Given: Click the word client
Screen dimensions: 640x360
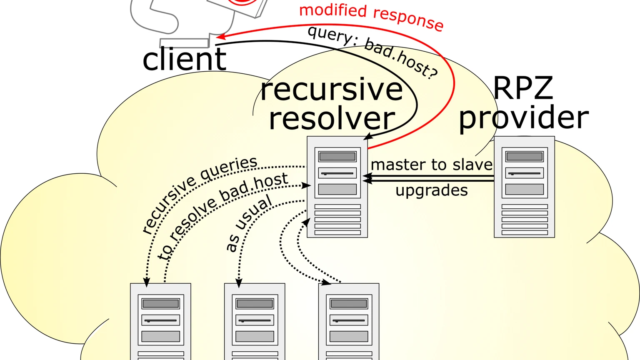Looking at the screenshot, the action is (185, 59).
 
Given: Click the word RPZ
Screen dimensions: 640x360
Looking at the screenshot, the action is (523, 88).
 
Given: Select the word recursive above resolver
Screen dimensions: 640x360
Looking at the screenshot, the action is (331, 90).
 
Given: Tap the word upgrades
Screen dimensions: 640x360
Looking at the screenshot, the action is (431, 190).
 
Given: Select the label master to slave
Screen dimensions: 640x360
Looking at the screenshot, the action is (431, 165).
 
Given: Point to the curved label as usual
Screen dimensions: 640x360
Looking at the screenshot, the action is (249, 223).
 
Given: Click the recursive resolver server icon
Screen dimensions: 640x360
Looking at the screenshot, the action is (337, 187).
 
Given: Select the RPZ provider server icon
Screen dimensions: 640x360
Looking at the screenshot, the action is (524, 187).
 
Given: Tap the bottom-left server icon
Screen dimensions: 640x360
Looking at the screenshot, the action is (160, 321).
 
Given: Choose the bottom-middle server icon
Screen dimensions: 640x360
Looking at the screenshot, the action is (255, 321).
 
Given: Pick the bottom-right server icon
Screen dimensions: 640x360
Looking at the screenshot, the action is (349, 321).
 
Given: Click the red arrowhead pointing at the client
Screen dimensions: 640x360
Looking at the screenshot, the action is (220, 36).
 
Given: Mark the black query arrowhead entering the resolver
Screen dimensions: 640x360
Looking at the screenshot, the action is (368, 137).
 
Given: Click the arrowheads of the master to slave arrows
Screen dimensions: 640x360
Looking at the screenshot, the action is (367, 178).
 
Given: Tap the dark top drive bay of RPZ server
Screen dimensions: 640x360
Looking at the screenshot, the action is (524, 156).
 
